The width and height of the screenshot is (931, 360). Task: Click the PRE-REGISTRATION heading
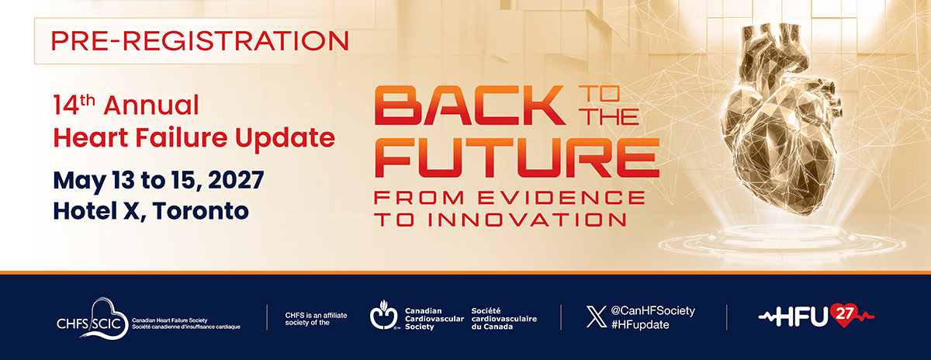(200, 41)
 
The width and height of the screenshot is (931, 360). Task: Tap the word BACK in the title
(470, 106)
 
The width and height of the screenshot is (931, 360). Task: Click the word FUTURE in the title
(517, 157)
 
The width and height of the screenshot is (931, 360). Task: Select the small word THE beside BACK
(611, 116)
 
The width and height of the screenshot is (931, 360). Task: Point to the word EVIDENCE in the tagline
(561, 198)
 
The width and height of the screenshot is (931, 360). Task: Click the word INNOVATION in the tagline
(527, 220)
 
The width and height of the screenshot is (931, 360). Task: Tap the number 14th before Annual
(74, 105)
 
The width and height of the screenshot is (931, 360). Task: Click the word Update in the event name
(286, 138)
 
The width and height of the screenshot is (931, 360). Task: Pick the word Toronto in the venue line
(201, 211)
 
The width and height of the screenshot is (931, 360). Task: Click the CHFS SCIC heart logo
(92, 319)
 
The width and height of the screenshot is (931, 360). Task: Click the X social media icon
(596, 317)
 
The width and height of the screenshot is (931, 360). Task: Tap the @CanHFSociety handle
(653, 310)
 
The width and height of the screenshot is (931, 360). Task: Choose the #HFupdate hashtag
(640, 324)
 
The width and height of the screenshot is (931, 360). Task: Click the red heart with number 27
(844, 315)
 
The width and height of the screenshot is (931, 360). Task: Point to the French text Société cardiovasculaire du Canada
(504, 319)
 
